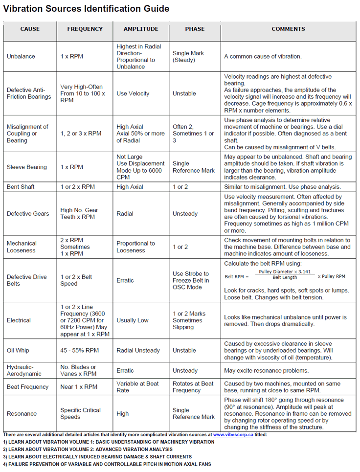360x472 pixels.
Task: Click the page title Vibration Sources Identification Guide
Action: (87, 9)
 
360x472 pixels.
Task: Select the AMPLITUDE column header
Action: (141, 29)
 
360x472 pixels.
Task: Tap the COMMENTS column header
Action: (288, 29)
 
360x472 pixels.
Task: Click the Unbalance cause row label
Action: (21, 56)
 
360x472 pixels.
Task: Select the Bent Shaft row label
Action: (21, 187)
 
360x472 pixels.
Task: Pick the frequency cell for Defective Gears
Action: (79, 213)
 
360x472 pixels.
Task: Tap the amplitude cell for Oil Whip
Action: (138, 350)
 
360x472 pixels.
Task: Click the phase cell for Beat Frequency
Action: (193, 387)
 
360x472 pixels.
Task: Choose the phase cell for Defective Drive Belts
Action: (191, 280)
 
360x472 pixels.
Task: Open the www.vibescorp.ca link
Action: (232, 434)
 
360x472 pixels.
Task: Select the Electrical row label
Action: (19, 320)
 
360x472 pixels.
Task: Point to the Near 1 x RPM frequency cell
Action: (79, 387)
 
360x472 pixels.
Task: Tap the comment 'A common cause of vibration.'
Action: (263, 56)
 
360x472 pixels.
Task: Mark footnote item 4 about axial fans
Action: (107, 464)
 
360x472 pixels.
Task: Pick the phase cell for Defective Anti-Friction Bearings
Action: (184, 93)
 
